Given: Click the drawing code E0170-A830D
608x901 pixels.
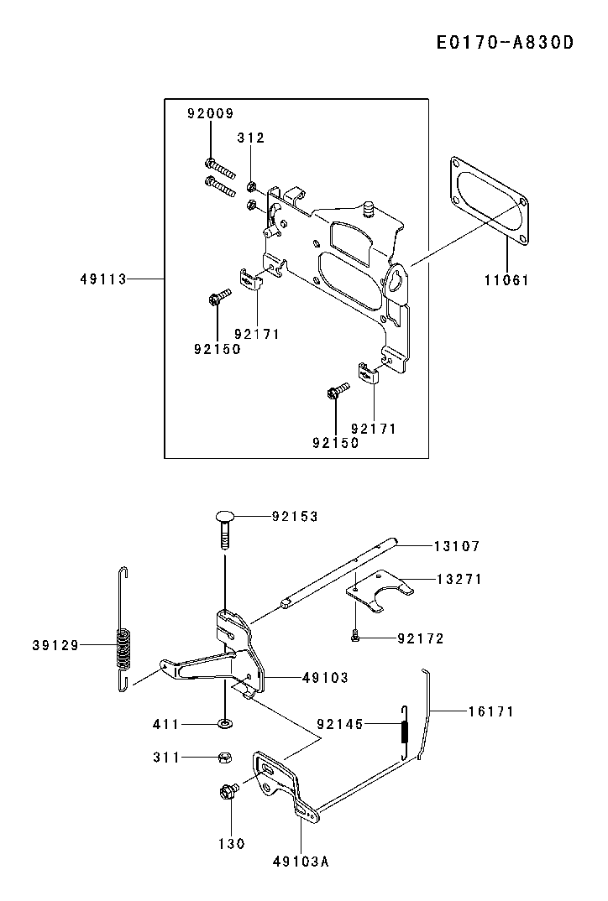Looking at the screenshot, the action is tap(505, 43).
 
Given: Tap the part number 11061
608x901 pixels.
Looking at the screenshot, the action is tap(506, 280).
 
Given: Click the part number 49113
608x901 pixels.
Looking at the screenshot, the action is tap(103, 279).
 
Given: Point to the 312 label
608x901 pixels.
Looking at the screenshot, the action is tap(251, 138).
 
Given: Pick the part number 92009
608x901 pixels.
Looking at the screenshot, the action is tap(211, 113).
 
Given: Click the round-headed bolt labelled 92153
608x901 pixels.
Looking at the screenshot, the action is tap(223, 528).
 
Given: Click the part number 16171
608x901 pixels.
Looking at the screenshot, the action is tap(490, 711).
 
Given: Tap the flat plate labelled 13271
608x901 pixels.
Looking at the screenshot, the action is tap(379, 591).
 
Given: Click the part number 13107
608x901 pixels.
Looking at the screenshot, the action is tap(457, 546).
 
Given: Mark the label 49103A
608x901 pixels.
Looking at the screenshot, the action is tap(301, 861).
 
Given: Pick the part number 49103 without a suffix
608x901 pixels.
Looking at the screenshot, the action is tap(325, 678).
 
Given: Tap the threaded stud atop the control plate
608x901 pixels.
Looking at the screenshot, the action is tap(369, 209).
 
